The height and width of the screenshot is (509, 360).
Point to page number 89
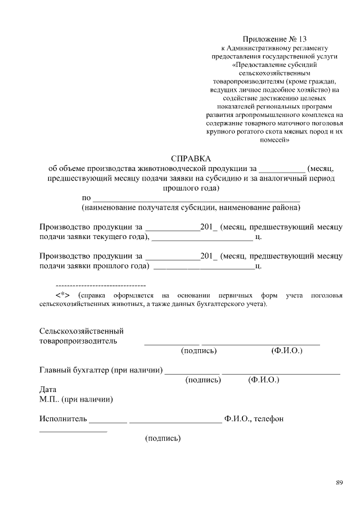click(x=339, y=483)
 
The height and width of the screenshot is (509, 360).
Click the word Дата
click(x=48, y=389)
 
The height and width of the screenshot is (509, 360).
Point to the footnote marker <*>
click(x=62, y=295)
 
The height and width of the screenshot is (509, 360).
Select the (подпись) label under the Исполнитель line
click(x=163, y=438)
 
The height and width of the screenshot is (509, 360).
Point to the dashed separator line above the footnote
click(x=101, y=286)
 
